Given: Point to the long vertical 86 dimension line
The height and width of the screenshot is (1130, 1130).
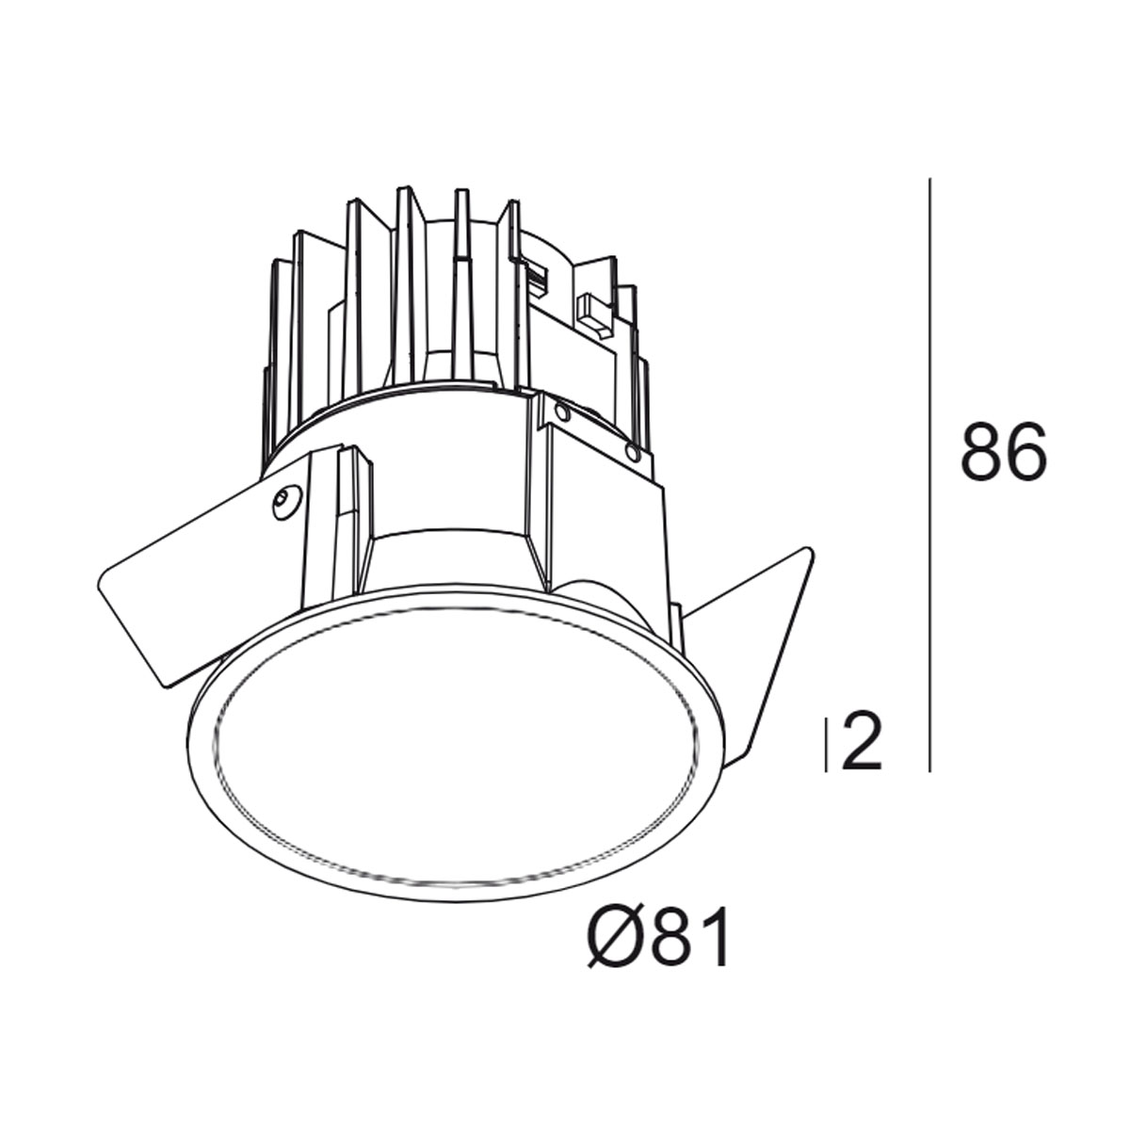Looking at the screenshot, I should tap(930, 471).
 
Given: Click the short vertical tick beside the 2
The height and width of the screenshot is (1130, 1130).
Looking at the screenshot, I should tap(827, 744).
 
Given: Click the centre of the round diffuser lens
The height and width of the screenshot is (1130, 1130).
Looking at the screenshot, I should tap(460, 744).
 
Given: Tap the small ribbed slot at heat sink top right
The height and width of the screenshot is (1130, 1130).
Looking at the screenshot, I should tap(539, 277).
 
